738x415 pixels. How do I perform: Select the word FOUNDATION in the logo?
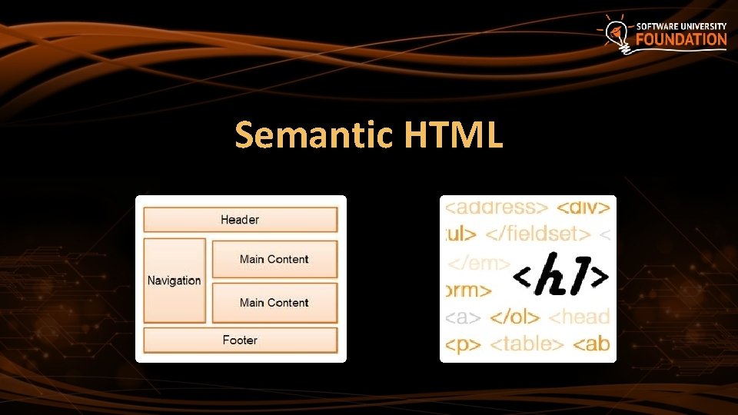tap(681, 40)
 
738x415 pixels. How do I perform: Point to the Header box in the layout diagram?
tap(240, 220)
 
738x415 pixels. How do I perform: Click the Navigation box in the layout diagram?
tap(175, 281)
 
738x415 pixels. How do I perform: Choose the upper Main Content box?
tap(274, 259)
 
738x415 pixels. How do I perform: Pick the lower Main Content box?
tap(274, 303)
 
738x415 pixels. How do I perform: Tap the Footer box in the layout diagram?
tap(240, 340)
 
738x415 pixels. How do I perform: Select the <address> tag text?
tap(497, 207)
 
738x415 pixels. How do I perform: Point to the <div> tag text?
tap(583, 207)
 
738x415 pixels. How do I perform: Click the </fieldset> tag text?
tap(537, 234)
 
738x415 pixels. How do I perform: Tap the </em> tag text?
tap(478, 264)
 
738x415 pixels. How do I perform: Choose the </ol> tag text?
tap(515, 316)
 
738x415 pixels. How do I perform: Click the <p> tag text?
tap(464, 343)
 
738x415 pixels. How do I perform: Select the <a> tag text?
tap(464, 316)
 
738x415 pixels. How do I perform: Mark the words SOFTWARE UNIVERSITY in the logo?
tap(681, 26)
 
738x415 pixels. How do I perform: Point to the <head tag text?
tap(580, 316)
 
